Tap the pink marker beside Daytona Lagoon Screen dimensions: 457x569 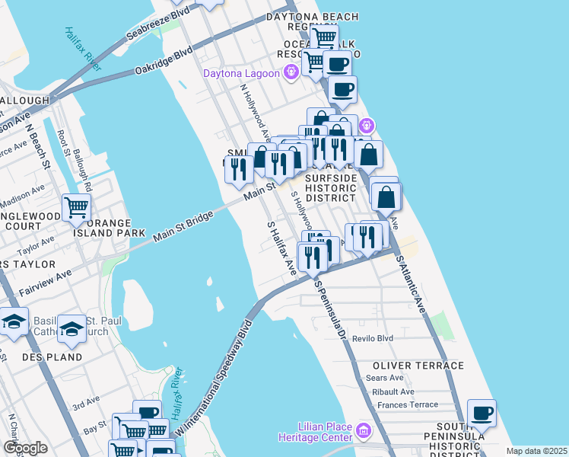point(290,73)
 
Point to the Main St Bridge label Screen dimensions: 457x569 point(183,226)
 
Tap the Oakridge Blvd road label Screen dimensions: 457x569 point(164,62)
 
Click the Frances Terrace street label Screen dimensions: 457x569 point(407,405)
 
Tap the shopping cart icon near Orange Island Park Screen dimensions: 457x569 point(76,207)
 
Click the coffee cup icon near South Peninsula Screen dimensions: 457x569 point(481,414)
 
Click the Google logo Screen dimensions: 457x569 point(25,448)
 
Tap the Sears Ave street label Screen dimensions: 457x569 point(384,378)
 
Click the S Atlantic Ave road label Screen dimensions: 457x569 point(410,283)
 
